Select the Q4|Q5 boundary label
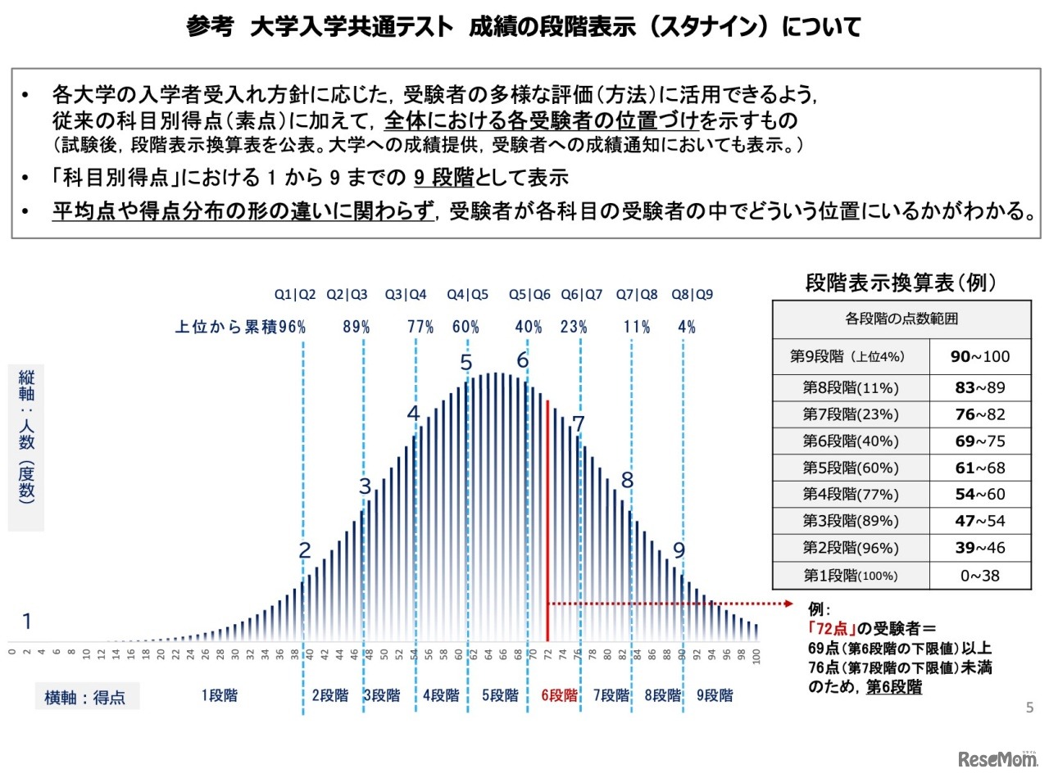point(467,295)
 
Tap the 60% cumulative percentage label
point(465,327)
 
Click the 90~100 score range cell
point(980,356)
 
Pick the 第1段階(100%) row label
point(851,575)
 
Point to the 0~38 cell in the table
point(980,575)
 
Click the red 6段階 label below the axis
point(559,695)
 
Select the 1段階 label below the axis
point(220,695)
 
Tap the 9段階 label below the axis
point(715,695)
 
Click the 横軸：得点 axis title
point(85,698)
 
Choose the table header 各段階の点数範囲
point(901,319)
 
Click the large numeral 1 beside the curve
point(26,622)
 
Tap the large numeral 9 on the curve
point(679,550)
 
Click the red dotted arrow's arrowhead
point(789,604)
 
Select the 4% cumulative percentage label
point(687,327)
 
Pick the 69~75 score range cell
point(980,441)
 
